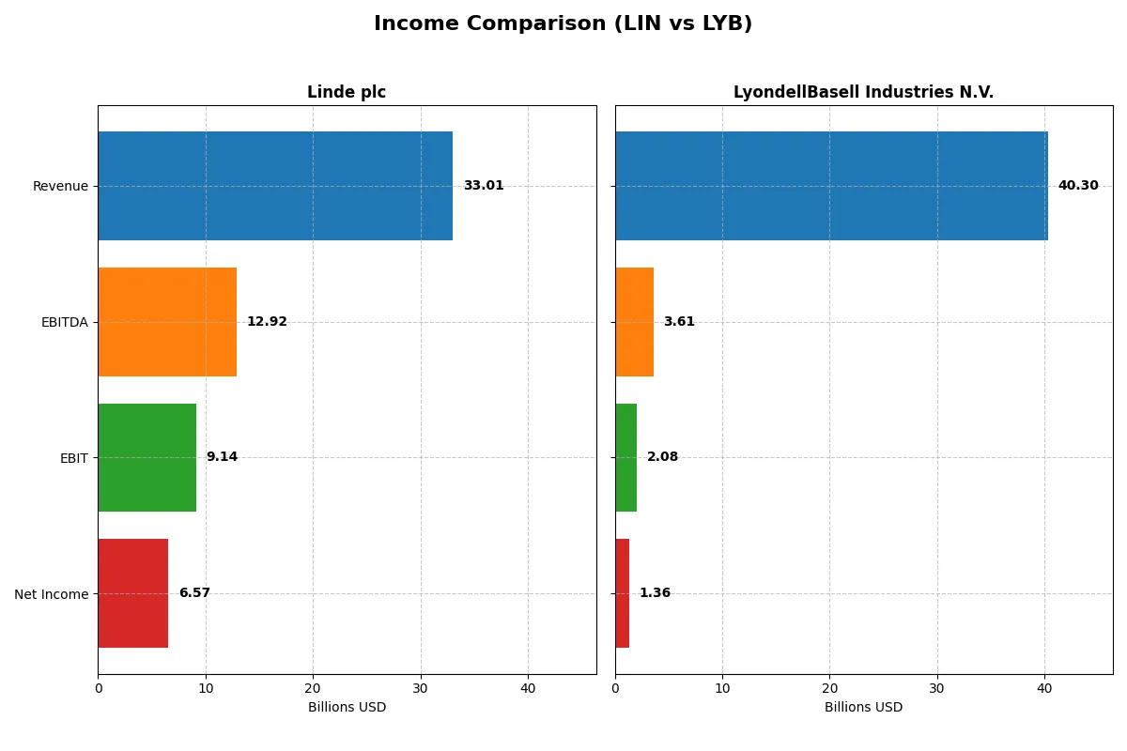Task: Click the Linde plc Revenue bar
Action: tap(275, 186)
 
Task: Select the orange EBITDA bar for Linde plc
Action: tap(167, 322)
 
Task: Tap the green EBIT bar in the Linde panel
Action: tap(147, 457)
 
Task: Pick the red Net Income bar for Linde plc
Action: tap(133, 593)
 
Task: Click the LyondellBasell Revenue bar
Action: tap(831, 186)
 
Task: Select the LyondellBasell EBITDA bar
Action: tap(634, 322)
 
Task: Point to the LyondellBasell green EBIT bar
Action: tap(626, 457)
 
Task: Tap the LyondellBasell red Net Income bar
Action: tap(623, 593)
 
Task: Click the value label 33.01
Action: tap(483, 186)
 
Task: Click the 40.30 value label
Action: tap(1077, 186)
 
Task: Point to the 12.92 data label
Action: tap(267, 322)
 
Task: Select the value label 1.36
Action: tap(655, 593)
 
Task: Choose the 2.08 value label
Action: tap(662, 457)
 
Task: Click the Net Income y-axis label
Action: tap(52, 594)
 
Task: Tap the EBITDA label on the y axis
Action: tap(65, 322)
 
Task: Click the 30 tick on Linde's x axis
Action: tap(421, 688)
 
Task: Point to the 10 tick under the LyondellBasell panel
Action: tap(722, 688)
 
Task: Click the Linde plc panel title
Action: tap(347, 92)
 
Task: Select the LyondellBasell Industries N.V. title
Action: tap(863, 92)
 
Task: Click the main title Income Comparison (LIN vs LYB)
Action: tap(563, 23)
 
